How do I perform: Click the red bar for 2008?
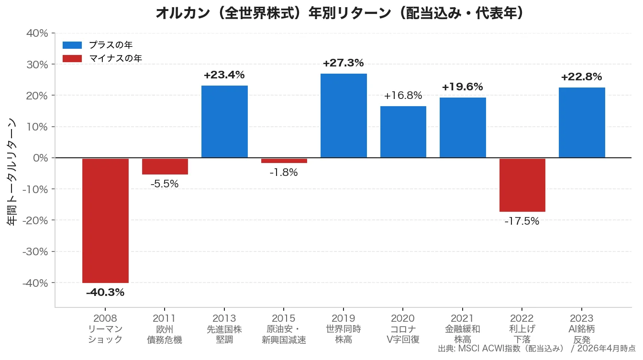click(105, 220)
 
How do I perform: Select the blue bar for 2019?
click(344, 116)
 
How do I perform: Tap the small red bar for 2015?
click(284, 161)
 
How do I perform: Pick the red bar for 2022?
click(522, 185)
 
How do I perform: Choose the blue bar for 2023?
click(582, 122)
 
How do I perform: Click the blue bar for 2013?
click(224, 121)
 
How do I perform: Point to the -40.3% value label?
click(105, 293)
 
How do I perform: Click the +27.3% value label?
click(344, 63)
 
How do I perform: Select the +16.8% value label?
click(403, 96)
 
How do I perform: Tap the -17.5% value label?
click(522, 221)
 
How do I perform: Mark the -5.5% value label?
click(165, 184)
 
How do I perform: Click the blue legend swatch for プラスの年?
click(72, 45)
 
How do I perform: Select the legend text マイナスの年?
click(115, 58)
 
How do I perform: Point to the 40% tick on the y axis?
click(37, 33)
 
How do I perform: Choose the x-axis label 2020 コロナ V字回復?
click(403, 329)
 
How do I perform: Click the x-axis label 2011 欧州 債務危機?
click(165, 329)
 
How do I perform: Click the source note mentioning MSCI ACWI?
click(536, 349)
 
